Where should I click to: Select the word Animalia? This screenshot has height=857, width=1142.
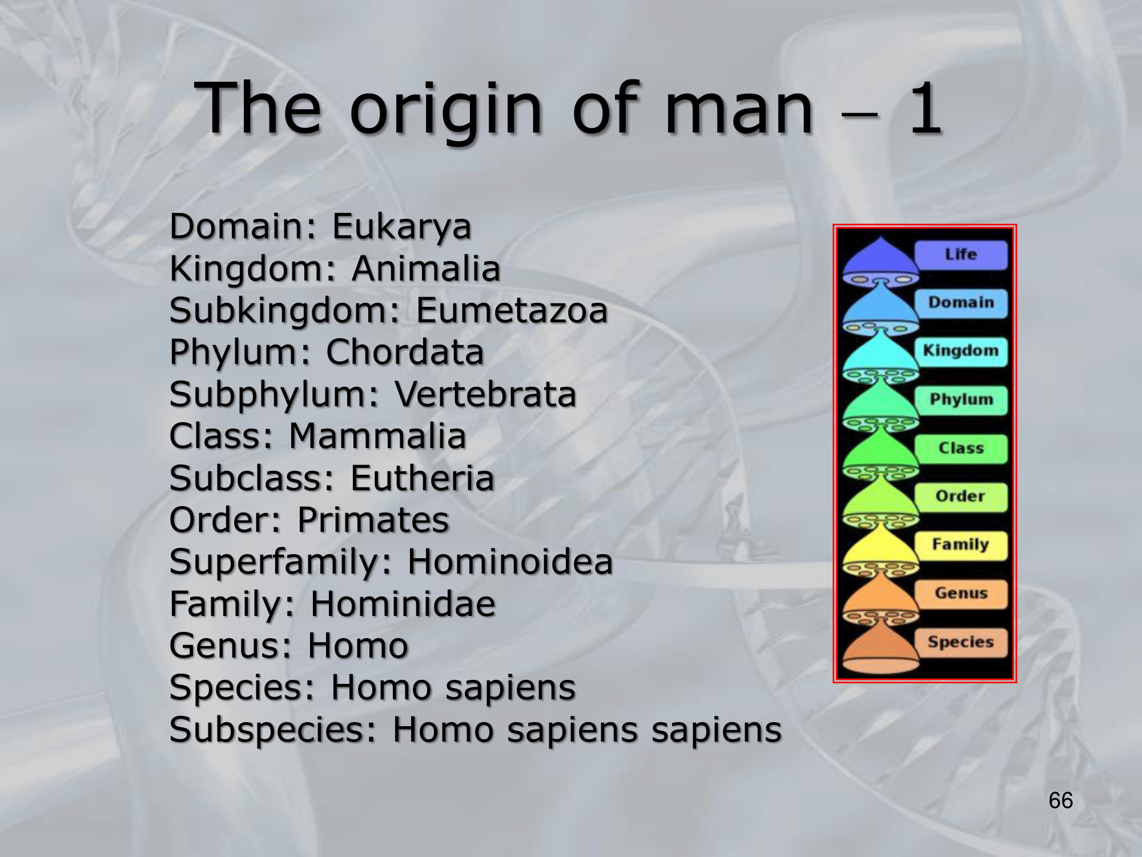tap(426, 269)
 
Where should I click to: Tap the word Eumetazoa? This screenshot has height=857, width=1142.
tap(512, 311)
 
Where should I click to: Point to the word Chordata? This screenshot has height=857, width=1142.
tap(405, 353)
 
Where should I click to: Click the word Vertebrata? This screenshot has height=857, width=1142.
tap(485, 395)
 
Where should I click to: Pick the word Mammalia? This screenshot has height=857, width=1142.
tap(377, 436)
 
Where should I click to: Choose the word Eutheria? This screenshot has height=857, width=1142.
tap(422, 478)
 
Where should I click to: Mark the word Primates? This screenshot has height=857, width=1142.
tap(373, 520)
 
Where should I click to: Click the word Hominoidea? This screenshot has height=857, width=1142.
tap(510, 562)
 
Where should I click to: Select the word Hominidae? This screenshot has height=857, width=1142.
tap(403, 604)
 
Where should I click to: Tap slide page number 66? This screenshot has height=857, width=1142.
tap(1061, 800)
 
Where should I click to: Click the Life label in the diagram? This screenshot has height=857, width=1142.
tap(961, 255)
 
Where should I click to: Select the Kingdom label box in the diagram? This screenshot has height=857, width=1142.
tap(961, 351)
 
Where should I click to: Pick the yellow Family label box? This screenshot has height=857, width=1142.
tap(961, 545)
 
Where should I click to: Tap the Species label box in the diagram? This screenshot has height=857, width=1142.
tap(961, 642)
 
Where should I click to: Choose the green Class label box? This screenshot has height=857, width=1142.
tap(961, 448)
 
